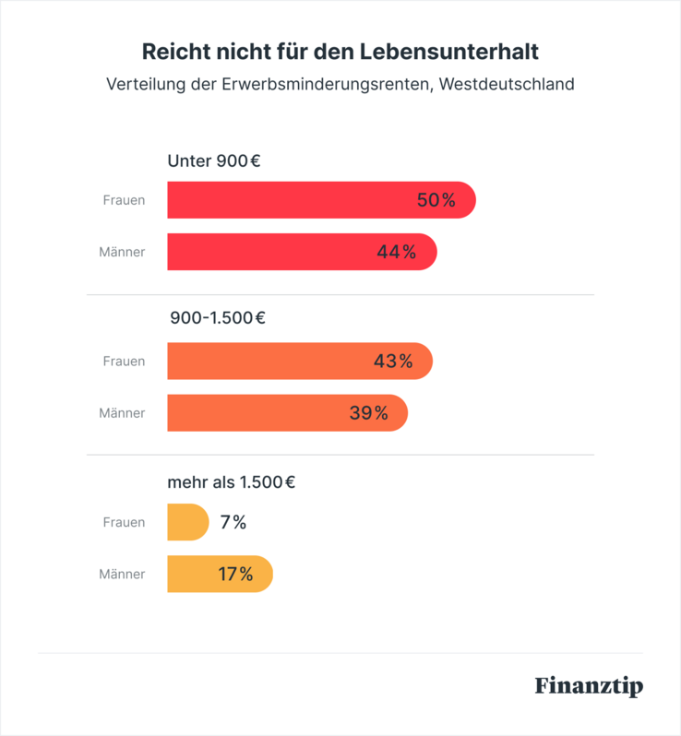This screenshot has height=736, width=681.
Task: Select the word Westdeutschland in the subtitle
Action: tap(508, 84)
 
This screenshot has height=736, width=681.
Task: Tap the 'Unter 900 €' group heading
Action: tap(214, 160)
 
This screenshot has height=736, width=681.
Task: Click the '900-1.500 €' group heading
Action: tap(218, 318)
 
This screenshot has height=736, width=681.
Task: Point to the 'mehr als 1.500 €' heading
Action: tap(231, 481)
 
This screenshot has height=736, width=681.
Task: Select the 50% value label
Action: tap(436, 200)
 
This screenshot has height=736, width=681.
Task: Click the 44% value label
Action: tap(397, 252)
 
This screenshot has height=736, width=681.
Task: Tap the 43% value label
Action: tap(393, 361)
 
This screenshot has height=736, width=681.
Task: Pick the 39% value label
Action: tap(369, 413)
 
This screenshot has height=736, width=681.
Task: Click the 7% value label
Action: tap(233, 522)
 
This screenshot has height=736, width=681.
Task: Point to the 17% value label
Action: tap(235, 574)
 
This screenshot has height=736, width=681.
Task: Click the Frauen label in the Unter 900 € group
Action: tap(124, 200)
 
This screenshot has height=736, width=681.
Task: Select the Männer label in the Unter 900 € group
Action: tap(122, 252)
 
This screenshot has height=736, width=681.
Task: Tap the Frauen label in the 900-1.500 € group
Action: tap(124, 361)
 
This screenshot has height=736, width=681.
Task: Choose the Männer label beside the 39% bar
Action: tap(122, 413)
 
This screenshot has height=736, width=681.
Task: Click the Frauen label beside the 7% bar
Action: tap(124, 522)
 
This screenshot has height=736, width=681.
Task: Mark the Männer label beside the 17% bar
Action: tap(122, 574)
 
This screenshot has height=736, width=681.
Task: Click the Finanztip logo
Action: tap(589, 686)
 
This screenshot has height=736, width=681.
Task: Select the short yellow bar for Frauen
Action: tap(187, 522)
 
